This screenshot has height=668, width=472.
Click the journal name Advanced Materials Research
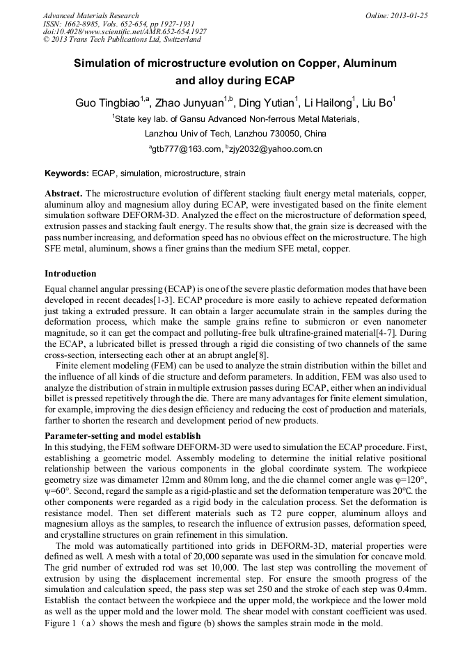click(91, 15)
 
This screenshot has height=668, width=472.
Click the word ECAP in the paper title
click(276, 80)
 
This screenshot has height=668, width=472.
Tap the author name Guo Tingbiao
click(108, 103)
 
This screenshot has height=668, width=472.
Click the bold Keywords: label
click(67, 173)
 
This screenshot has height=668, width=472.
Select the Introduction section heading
click(70, 273)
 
